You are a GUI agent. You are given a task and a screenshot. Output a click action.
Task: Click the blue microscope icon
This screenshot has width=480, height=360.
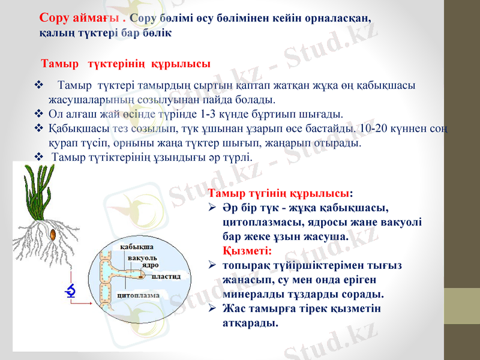point(71,291)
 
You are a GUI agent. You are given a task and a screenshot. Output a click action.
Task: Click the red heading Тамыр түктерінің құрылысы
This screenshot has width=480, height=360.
point(125,64)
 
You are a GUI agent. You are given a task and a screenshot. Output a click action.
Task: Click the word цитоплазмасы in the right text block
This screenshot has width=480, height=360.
point(256,221)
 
